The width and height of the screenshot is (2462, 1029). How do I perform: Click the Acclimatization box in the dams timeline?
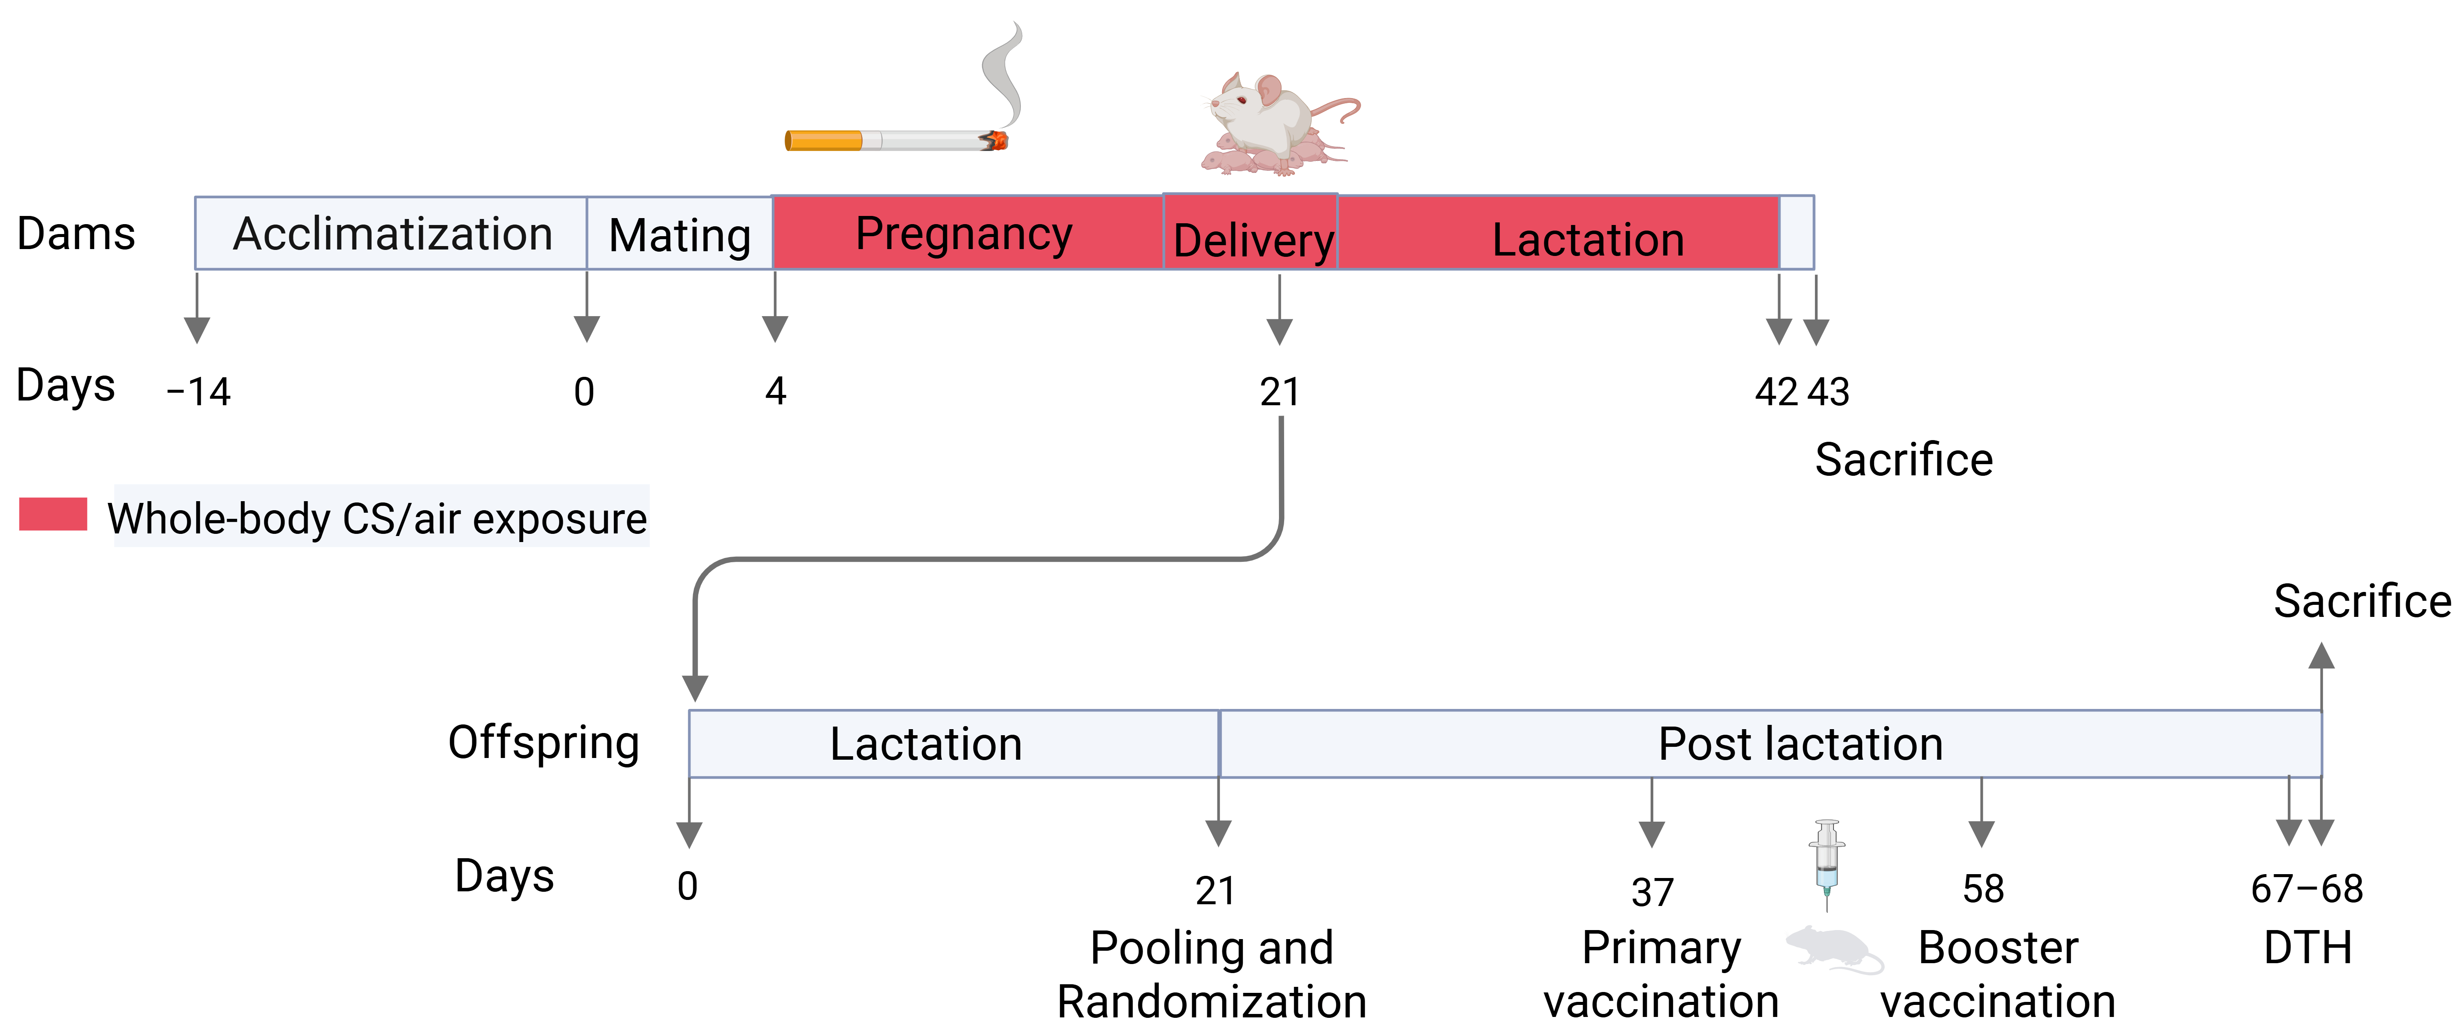point(391,233)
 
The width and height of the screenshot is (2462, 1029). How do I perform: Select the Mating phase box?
point(680,233)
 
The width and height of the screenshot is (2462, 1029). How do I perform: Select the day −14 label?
point(199,392)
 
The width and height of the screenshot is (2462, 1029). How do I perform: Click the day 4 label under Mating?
point(775,391)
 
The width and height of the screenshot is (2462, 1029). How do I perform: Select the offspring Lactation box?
point(954,743)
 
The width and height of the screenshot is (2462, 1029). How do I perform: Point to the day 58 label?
point(1983,889)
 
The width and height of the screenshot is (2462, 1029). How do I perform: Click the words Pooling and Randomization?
point(1212,974)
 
